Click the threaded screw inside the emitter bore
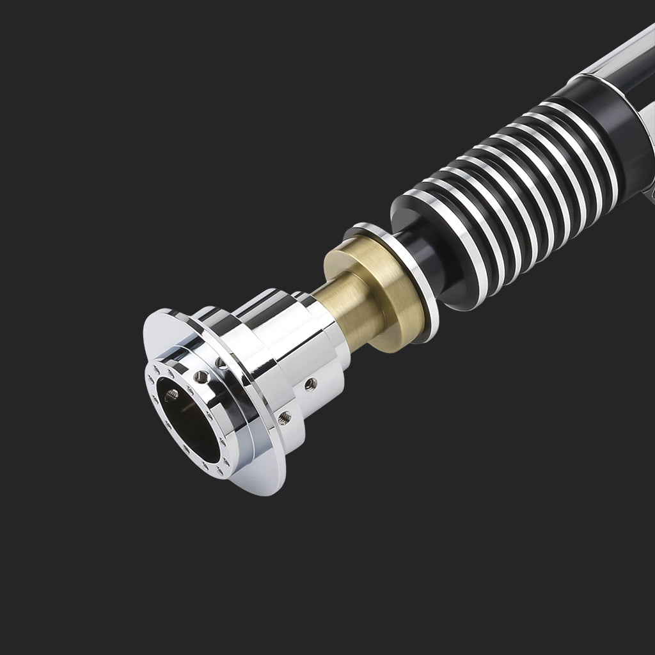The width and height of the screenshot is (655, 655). coord(171,395)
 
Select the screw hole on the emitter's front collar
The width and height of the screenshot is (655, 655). coord(201,377)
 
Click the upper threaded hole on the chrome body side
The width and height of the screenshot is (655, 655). coord(310,384)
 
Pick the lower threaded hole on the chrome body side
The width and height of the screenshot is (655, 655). coord(285,417)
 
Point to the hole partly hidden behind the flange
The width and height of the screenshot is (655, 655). coord(221,363)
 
